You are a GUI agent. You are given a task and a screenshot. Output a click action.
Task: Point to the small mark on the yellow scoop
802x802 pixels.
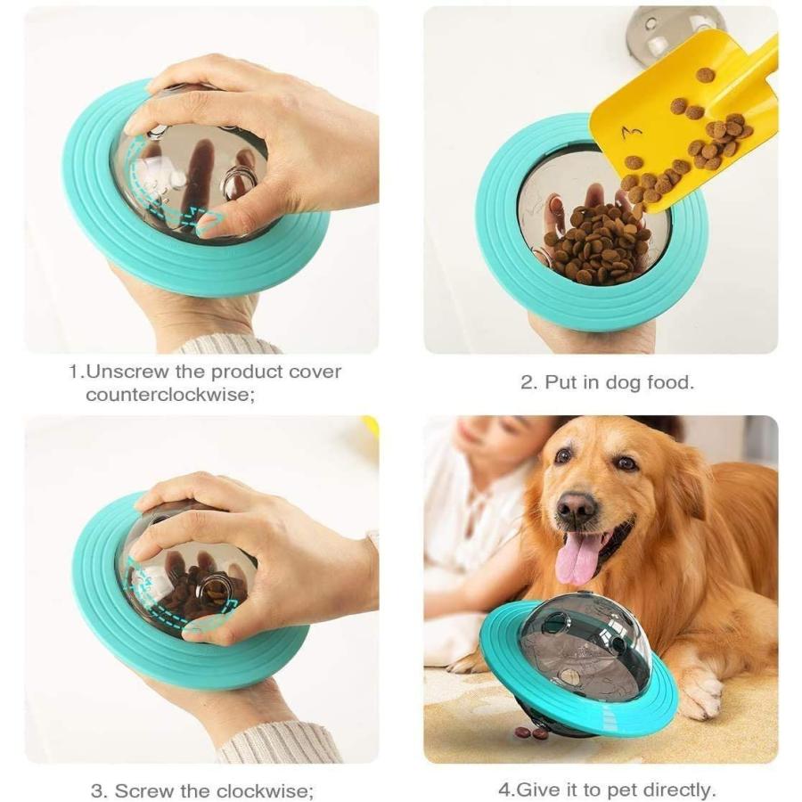coord(632,133)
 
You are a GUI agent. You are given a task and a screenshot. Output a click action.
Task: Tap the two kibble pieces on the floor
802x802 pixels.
coord(532,732)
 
